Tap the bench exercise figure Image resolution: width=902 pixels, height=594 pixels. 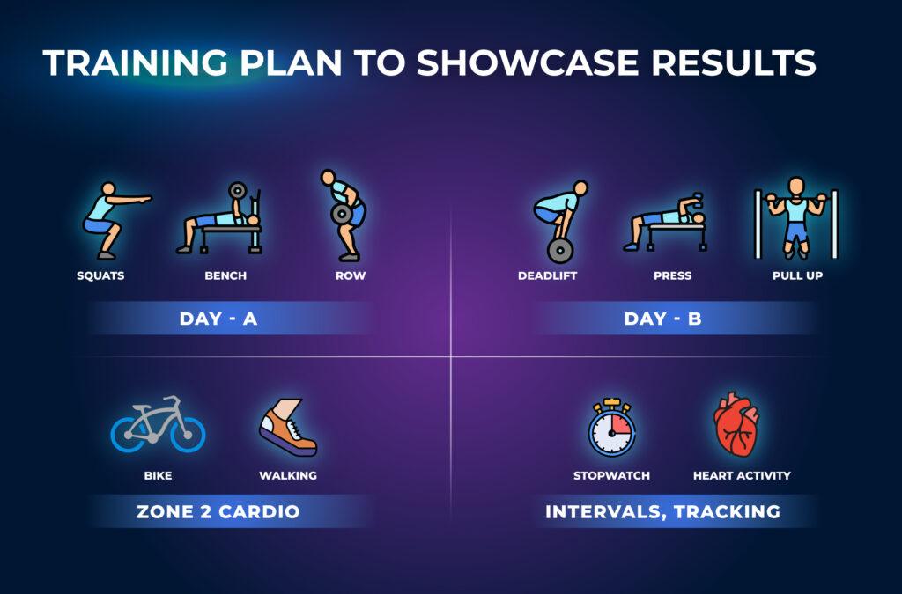click(220, 219)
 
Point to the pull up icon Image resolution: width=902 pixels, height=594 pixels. click(796, 217)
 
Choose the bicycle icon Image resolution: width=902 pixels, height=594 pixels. click(158, 424)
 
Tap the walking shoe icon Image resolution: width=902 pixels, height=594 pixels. click(288, 427)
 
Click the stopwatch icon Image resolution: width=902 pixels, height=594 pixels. click(611, 427)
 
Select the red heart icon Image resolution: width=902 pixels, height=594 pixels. click(737, 424)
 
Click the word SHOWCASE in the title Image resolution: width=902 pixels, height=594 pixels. click(528, 62)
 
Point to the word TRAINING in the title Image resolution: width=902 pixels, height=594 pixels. click(135, 62)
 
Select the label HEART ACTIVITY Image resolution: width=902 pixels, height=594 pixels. click(742, 476)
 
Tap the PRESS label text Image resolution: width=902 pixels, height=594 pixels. click(672, 275)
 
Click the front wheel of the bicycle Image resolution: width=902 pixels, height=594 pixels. click(189, 435)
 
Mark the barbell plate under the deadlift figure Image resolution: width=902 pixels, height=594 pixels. click(560, 251)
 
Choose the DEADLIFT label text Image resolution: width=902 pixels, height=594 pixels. click(547, 275)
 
